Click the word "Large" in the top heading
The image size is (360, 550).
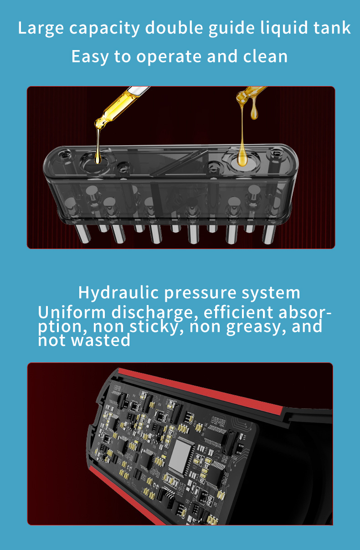(41, 28)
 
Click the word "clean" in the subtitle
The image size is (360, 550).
(265, 56)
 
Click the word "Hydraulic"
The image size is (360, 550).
(118, 292)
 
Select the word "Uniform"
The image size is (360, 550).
(72, 313)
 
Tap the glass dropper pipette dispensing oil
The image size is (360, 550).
(121, 105)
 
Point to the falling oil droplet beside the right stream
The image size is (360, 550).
(254, 110)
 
